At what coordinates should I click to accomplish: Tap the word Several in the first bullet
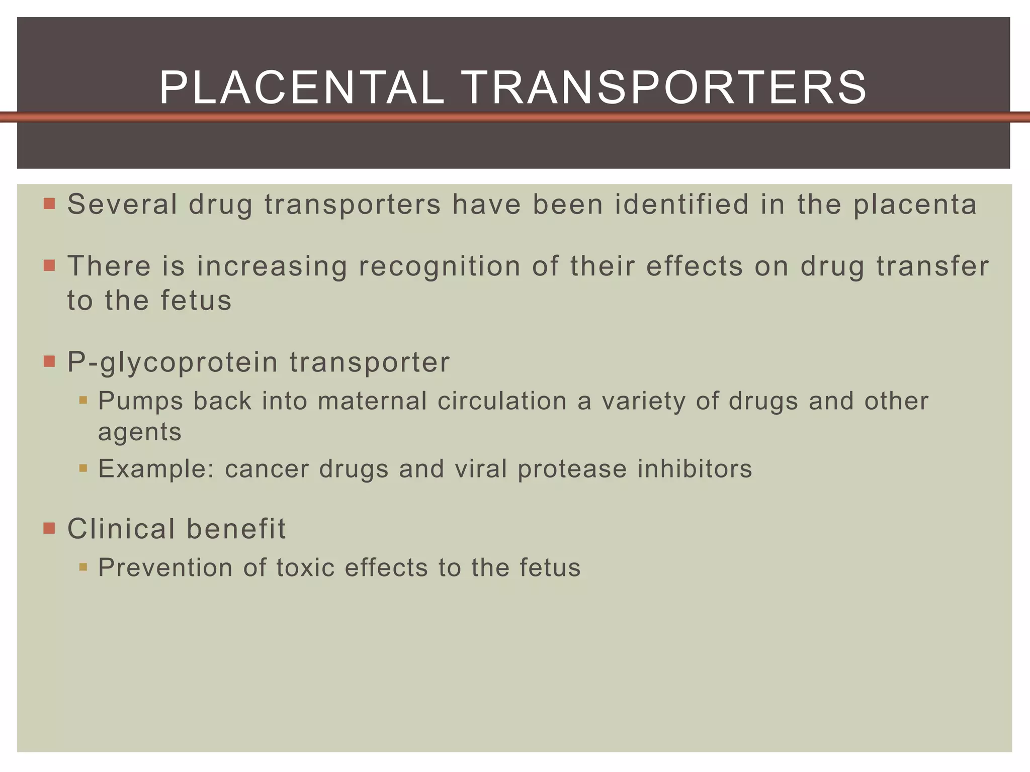click(x=122, y=205)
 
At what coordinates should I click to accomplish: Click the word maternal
click(x=372, y=401)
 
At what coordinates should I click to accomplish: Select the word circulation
click(x=502, y=401)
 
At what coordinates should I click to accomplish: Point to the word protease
click(x=572, y=469)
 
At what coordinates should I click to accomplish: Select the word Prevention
click(x=165, y=568)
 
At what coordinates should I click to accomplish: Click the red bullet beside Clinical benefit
click(x=49, y=528)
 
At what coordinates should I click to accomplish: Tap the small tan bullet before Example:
click(x=83, y=469)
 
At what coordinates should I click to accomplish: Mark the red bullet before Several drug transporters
click(x=49, y=204)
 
